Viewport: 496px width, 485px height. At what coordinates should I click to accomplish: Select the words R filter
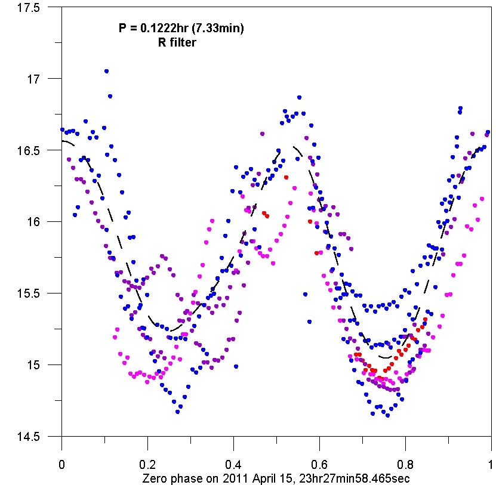click(177, 43)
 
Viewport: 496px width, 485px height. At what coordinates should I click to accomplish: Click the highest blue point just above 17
click(106, 71)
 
